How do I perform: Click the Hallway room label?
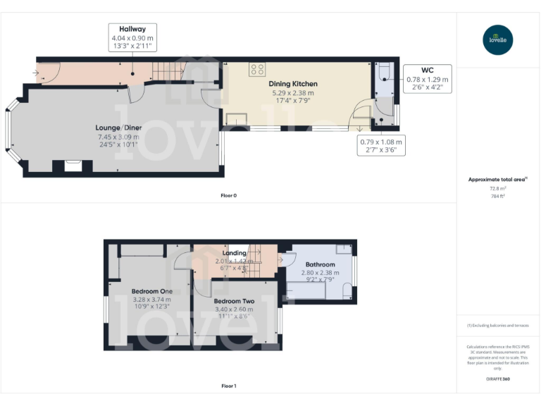click(x=132, y=28)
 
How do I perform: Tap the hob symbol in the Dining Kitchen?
click(x=257, y=69)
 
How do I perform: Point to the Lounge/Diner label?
click(x=118, y=128)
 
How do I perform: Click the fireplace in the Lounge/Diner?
click(x=73, y=166)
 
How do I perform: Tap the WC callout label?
click(x=427, y=70)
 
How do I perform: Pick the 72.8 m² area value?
click(x=498, y=188)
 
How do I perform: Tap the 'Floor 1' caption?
click(x=228, y=386)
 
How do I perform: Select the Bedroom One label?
click(x=151, y=291)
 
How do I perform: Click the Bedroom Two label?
click(x=234, y=300)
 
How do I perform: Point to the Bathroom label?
click(x=320, y=264)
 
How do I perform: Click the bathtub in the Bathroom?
click(x=305, y=290)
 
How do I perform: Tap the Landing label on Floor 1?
click(x=235, y=252)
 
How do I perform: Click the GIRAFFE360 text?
click(x=498, y=379)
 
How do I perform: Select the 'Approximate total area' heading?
click(x=497, y=180)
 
